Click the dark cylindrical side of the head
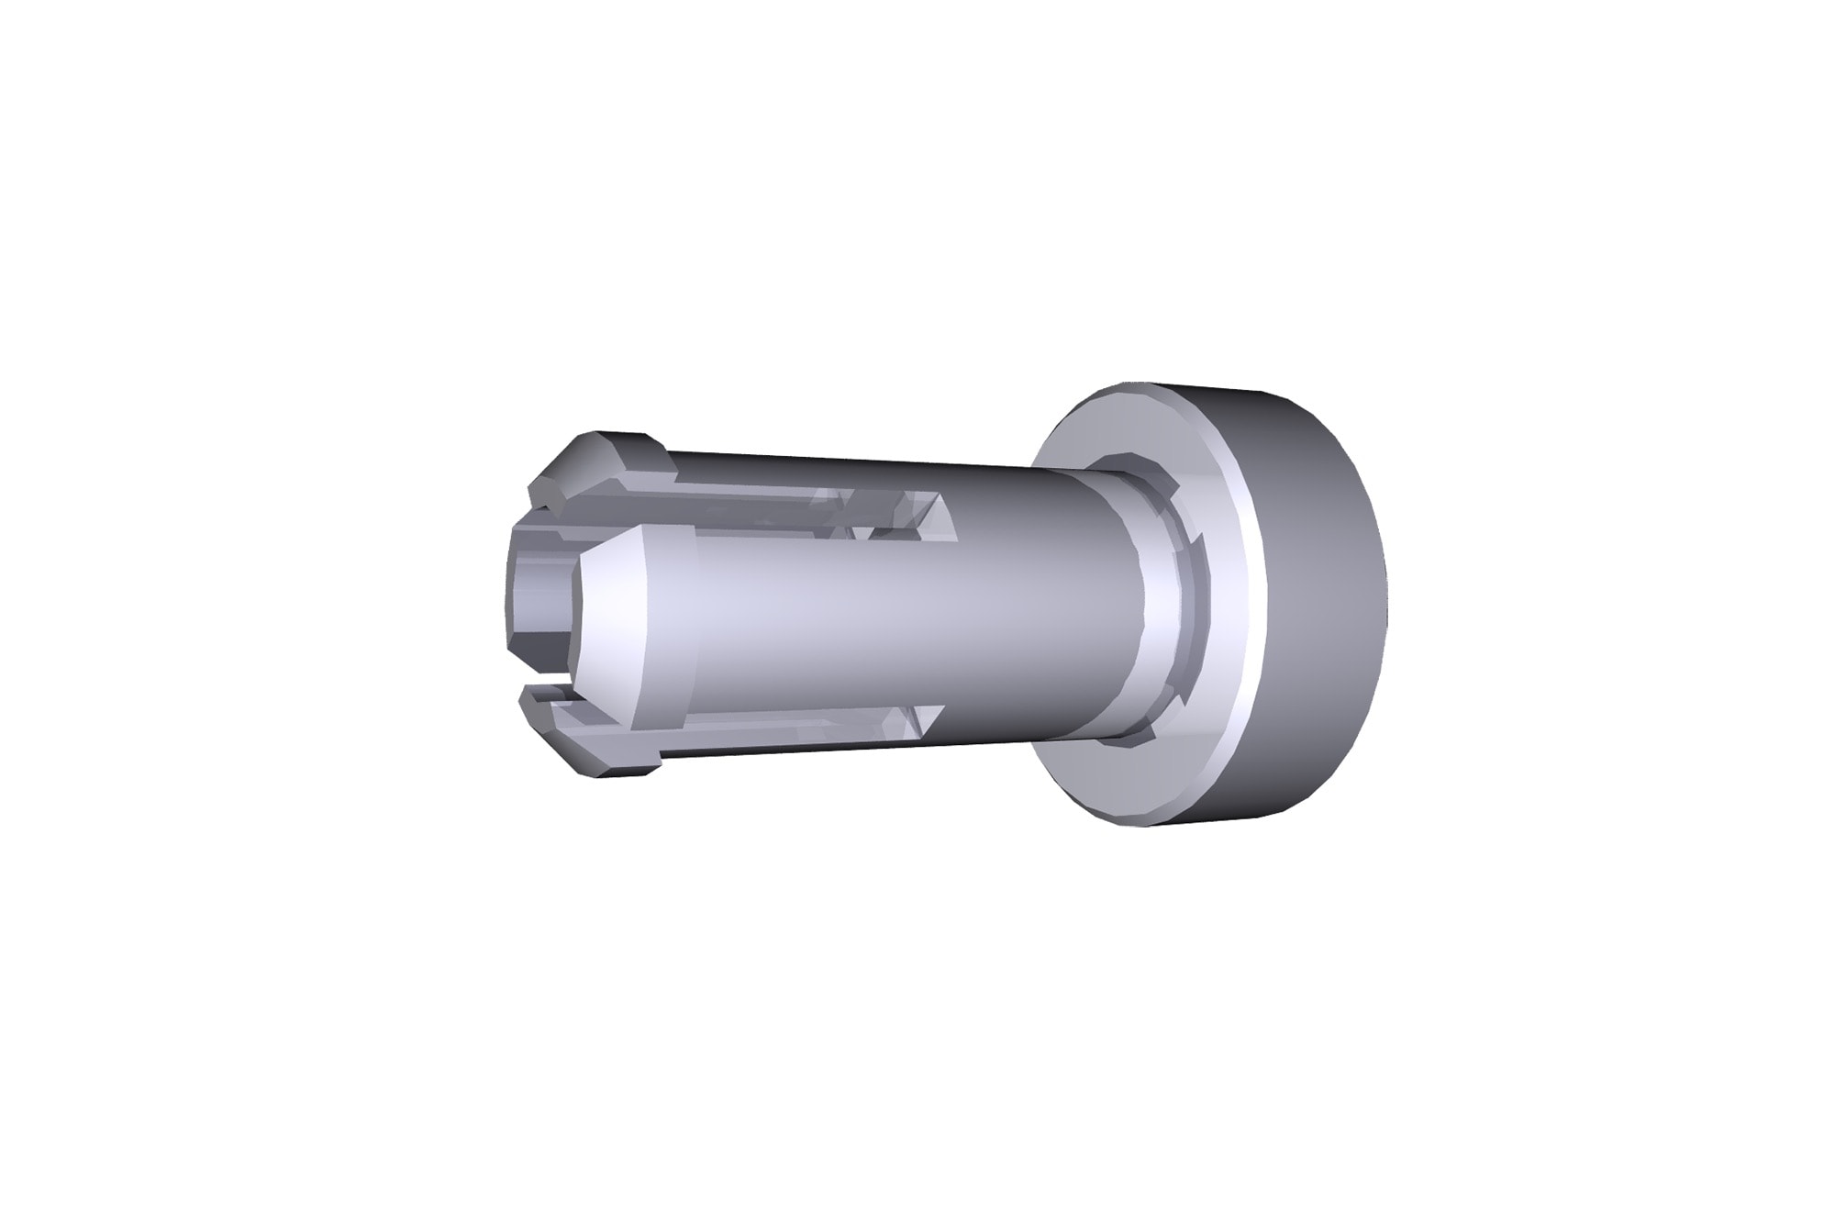pos(1321,606)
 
